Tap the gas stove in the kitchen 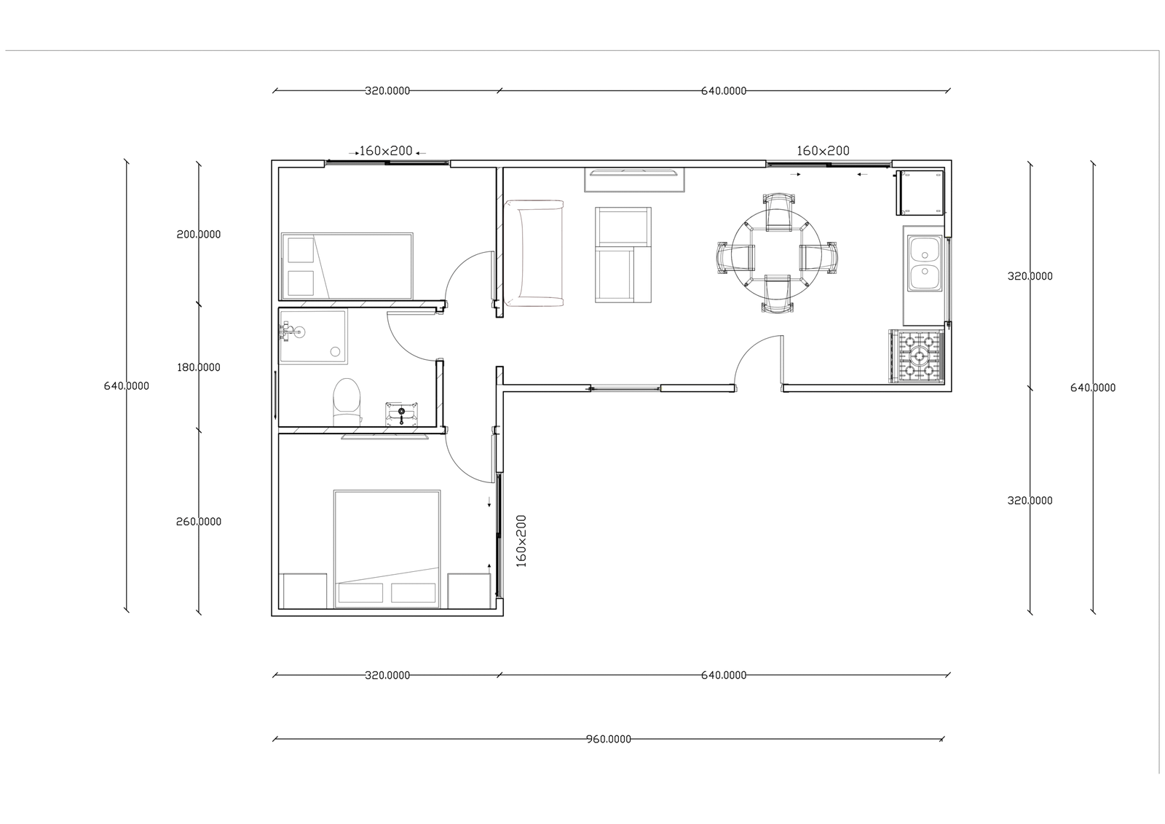917,356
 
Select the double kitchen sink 925,263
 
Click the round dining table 776,256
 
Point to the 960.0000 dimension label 609,739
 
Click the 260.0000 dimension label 199,522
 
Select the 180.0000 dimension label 199,367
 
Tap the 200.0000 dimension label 199,235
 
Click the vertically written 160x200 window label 521,541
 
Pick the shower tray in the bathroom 313,337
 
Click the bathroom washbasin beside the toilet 401,414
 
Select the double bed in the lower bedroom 387,549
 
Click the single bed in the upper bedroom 347,266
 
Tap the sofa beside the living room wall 534,253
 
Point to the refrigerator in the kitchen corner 920,192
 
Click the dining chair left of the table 735,256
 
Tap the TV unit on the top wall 634,179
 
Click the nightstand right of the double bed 469,591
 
